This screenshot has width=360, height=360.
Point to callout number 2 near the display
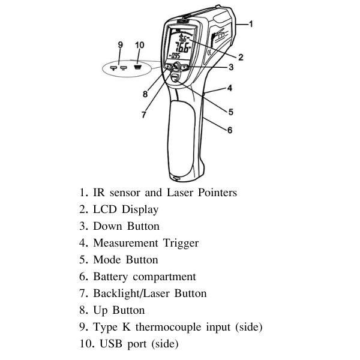(240, 58)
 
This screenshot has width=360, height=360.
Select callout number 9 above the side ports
(120, 46)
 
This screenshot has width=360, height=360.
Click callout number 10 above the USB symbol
(140, 46)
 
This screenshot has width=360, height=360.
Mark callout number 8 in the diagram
(144, 94)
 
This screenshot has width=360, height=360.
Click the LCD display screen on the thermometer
(181, 49)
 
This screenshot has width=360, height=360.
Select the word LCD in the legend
(106, 209)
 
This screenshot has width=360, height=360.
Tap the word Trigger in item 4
(181, 243)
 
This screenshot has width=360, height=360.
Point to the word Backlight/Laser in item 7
(130, 293)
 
